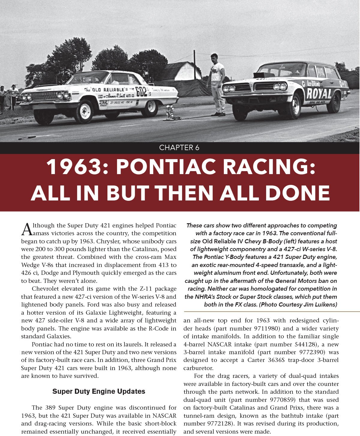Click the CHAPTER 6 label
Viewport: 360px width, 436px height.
pos(179,148)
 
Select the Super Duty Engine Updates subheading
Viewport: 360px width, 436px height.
pos(99,391)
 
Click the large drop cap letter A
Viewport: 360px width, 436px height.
pos(26,230)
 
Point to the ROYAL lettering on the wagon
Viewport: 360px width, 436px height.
pos(319,94)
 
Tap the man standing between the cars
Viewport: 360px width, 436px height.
pos(217,85)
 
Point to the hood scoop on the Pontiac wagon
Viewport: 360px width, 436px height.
pos(264,75)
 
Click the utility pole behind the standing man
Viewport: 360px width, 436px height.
pos(194,65)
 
